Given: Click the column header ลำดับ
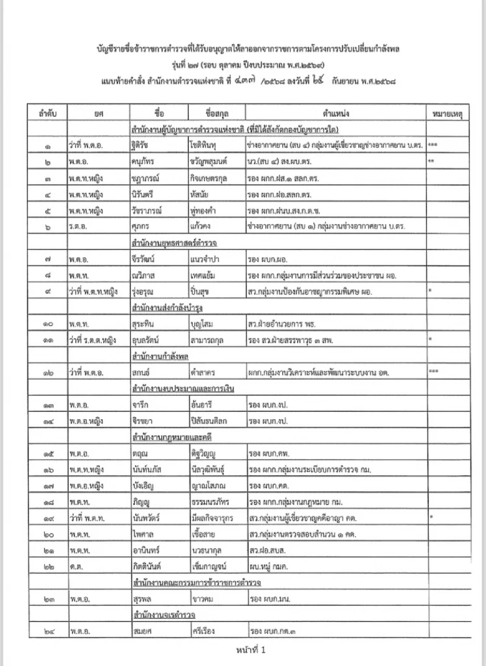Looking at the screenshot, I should (x=47, y=113).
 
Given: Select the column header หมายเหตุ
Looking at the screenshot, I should (x=448, y=113).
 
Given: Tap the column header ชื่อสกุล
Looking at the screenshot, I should (x=217, y=113).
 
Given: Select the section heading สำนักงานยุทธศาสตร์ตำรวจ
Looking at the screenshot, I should (x=174, y=243).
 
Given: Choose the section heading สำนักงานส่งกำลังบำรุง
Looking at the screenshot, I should (x=167, y=308).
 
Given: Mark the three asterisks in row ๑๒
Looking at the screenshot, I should (x=433, y=371).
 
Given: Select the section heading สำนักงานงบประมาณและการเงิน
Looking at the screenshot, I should (x=183, y=389).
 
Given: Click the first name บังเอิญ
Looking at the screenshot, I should (x=143, y=486).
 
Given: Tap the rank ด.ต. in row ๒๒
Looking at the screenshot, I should (x=76, y=567).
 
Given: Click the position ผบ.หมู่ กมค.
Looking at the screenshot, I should (x=269, y=567).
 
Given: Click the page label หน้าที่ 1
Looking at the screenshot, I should (x=251, y=650).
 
